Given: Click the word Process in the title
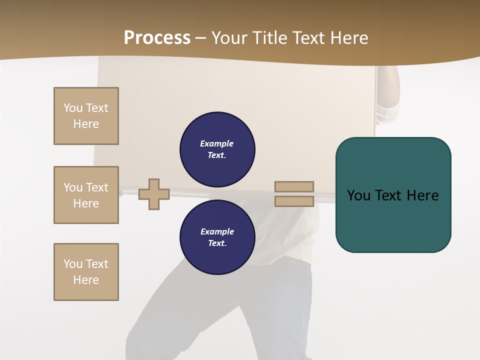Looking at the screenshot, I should (x=157, y=38).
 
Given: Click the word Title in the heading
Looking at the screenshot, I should (x=268, y=38).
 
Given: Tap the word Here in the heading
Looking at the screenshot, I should (x=349, y=38).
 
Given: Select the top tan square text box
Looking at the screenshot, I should (x=86, y=116).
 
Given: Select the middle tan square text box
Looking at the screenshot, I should (x=86, y=195).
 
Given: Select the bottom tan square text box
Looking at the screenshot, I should (x=86, y=272).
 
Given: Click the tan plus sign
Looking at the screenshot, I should (x=154, y=194).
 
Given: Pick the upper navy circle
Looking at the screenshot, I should (x=217, y=149).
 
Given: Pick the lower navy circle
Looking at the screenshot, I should (x=217, y=237).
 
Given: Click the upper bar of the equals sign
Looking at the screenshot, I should (x=294, y=186).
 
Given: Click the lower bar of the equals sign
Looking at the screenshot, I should (x=294, y=201).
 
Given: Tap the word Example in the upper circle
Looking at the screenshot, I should (x=217, y=143).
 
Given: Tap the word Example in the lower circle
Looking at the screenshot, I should (x=217, y=231).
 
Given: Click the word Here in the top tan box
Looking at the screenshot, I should (x=86, y=124).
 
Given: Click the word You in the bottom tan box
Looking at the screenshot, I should (x=73, y=264).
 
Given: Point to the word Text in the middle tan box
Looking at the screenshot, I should (x=97, y=187).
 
